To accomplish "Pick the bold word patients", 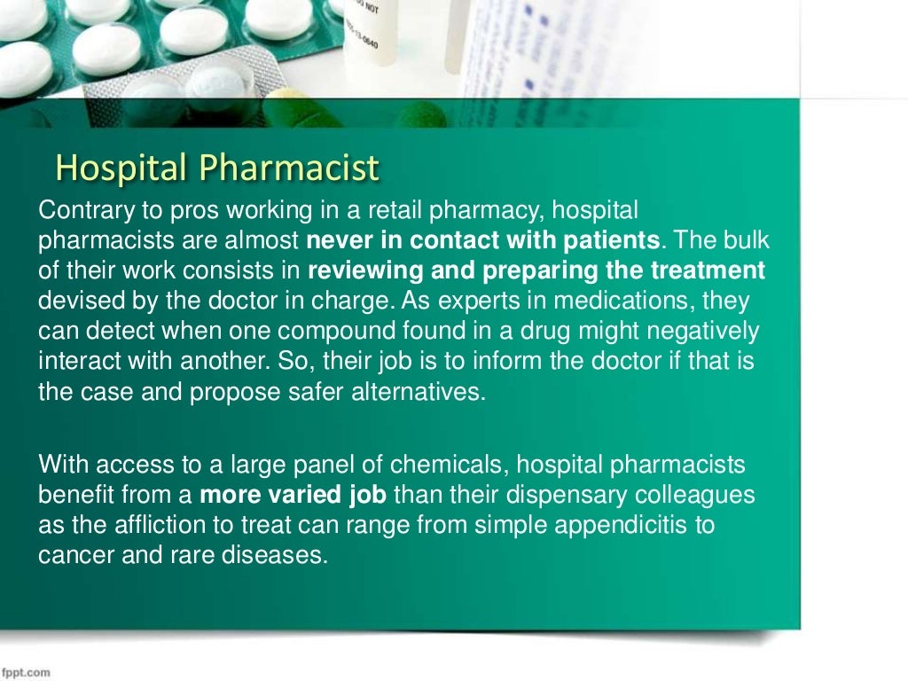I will point(615,240).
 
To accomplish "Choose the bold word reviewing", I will point(364,270).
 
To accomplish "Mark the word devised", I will point(74,301).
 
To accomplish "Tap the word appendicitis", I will point(622,525).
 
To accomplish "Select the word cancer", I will point(69,555).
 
